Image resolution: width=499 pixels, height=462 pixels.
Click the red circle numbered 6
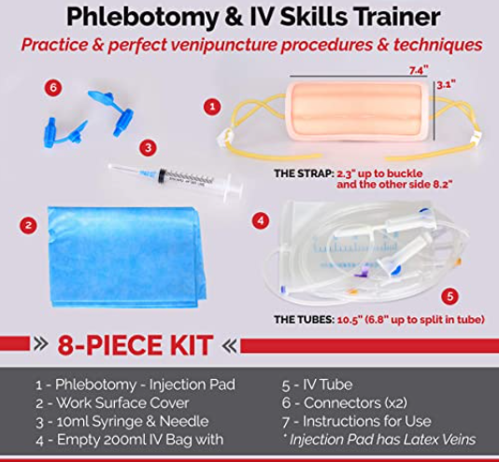pyautogui.click(x=53, y=87)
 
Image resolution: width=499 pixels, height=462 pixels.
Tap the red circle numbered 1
pyautogui.click(x=212, y=106)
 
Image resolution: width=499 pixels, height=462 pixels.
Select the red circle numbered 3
pyautogui.click(x=148, y=147)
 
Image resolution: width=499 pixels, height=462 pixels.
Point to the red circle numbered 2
pyautogui.click(x=28, y=225)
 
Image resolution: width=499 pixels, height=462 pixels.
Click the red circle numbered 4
pyautogui.click(x=261, y=220)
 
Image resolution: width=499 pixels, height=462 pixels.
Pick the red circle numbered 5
pyautogui.click(x=449, y=297)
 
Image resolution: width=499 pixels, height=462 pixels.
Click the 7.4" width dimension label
pyautogui.click(x=419, y=71)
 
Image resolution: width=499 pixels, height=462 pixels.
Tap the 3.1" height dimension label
pyautogui.click(x=446, y=85)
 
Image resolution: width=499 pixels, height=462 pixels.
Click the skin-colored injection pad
pyautogui.click(x=358, y=113)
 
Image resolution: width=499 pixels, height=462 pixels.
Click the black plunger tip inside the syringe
pyautogui.click(x=163, y=175)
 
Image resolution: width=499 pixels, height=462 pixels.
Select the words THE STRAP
pyautogui.click(x=304, y=174)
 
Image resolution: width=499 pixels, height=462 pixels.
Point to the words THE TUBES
pyautogui.click(x=304, y=319)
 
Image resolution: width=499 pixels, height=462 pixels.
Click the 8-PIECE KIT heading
pyautogui.click(x=135, y=345)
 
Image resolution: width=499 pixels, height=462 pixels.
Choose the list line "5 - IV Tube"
pyautogui.click(x=318, y=385)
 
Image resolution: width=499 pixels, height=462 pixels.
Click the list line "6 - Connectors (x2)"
pyautogui.click(x=344, y=403)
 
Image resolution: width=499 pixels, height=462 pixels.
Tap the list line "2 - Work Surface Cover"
pyautogui.click(x=112, y=403)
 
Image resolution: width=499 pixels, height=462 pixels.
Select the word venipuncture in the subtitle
pyautogui.click(x=223, y=45)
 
